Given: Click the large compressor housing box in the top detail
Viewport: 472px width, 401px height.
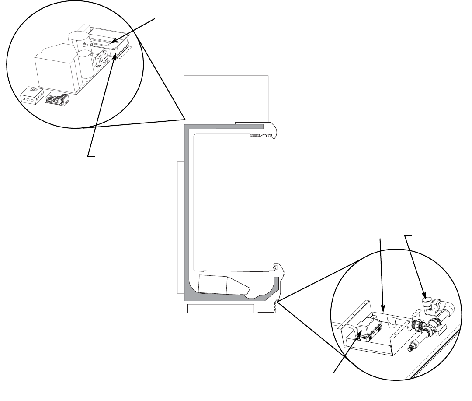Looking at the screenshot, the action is click(55, 68).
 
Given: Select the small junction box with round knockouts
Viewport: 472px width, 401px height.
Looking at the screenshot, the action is click(33, 96).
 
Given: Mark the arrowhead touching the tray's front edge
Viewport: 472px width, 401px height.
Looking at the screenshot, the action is click(115, 56).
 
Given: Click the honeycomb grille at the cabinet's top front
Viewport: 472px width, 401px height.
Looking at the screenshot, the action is click(254, 136).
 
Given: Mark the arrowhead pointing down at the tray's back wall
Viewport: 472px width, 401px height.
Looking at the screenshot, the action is click(383, 310).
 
